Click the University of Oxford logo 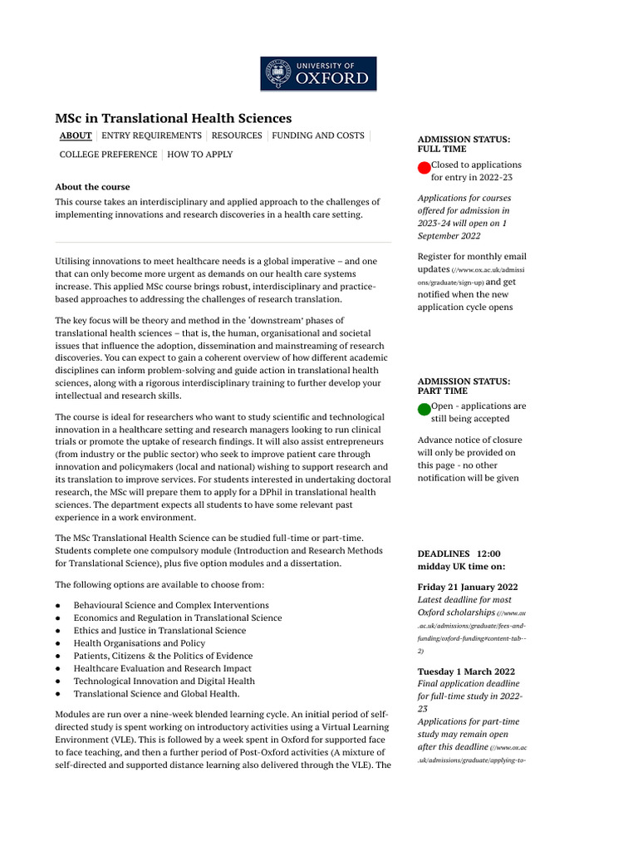pos(318,74)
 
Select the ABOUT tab pos(76,135)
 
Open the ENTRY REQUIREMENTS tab pos(151,135)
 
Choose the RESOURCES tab pos(237,135)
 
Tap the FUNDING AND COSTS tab pos(318,135)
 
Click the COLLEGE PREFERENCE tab pos(108,155)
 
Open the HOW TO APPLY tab pos(200,155)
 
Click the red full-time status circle pos(424,168)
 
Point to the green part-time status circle pos(424,409)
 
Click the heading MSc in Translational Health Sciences pos(173,119)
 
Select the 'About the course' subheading pos(92,187)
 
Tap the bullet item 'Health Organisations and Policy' pos(139,643)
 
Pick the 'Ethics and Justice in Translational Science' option pos(159,631)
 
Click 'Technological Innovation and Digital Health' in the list pos(164,681)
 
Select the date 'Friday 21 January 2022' pos(468,587)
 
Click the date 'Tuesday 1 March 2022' pos(466,671)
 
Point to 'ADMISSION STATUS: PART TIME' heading pos(464,386)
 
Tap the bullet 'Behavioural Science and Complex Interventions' pos(171,605)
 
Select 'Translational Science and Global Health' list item pos(156,694)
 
